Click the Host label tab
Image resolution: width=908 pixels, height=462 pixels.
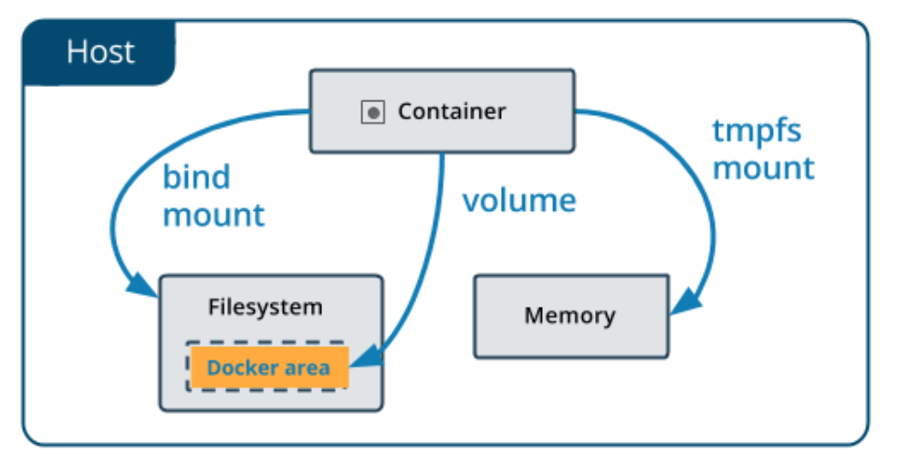pos(99,52)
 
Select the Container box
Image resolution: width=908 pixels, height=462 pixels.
pos(442,111)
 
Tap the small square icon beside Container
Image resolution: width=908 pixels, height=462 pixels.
pos(373,112)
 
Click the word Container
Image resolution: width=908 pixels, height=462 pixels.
pos(452,111)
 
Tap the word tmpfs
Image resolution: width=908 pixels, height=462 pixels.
pos(757,132)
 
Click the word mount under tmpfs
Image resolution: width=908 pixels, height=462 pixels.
pos(764,169)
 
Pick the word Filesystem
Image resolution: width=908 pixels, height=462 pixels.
pos(265,307)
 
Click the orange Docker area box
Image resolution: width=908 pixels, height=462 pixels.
pos(270,367)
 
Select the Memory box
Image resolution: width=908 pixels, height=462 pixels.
pos(572,316)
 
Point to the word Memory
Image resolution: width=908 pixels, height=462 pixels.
pos(570,316)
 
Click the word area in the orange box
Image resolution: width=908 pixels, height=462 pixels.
pos(306,368)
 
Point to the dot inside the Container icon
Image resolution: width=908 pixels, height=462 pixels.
pos(374,113)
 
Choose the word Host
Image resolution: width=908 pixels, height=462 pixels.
pos(100,51)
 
